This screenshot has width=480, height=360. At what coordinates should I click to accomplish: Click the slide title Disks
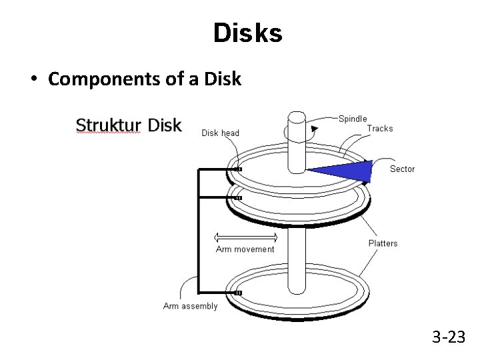click(x=247, y=33)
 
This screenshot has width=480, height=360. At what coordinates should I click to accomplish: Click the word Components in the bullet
click(x=97, y=79)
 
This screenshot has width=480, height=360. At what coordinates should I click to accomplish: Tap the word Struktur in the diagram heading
click(x=107, y=125)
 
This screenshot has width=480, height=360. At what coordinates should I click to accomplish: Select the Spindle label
click(x=353, y=119)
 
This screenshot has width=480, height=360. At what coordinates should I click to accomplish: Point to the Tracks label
click(x=380, y=129)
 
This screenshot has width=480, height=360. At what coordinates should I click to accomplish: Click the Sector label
click(x=402, y=169)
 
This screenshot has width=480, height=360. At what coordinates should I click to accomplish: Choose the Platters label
click(x=383, y=243)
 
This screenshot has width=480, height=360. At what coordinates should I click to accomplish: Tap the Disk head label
click(x=220, y=133)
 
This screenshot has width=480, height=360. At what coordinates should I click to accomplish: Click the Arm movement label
click(x=245, y=249)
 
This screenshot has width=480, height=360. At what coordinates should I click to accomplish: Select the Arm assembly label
click(x=190, y=306)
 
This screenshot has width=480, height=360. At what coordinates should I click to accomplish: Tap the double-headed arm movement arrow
click(x=245, y=237)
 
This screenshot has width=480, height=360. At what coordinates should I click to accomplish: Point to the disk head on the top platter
click(x=238, y=169)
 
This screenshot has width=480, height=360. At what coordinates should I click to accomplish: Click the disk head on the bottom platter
click(x=238, y=293)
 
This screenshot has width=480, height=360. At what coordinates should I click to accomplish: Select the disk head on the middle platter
click(x=238, y=197)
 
